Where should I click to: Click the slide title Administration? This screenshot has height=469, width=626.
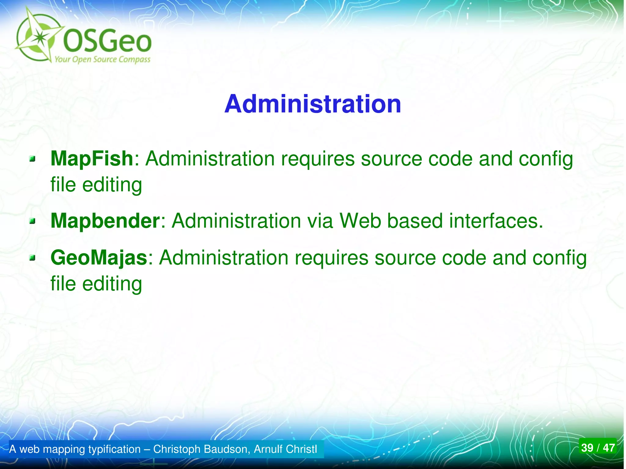(312, 104)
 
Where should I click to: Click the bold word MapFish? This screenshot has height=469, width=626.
(92, 159)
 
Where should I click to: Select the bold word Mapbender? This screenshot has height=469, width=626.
(105, 221)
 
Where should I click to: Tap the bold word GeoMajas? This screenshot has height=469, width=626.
(99, 258)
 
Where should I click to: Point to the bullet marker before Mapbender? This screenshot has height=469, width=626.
(32, 221)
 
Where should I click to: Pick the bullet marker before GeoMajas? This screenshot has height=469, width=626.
(32, 258)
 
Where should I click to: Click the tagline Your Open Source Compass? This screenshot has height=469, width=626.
(102, 59)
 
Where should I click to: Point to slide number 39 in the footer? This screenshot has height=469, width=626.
(587, 448)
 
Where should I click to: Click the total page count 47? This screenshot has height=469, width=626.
(609, 448)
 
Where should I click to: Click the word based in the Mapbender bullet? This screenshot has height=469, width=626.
(415, 221)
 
